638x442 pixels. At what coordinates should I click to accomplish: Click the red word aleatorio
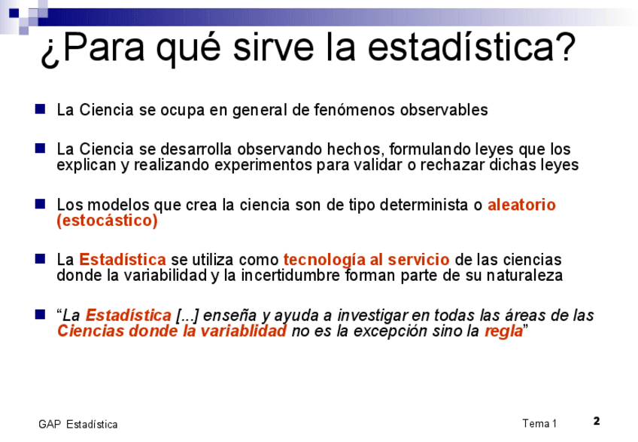[521, 205]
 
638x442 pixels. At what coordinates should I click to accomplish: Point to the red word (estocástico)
[107, 221]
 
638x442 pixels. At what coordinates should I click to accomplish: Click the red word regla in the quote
[503, 331]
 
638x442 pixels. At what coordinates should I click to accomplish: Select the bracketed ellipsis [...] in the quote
[187, 315]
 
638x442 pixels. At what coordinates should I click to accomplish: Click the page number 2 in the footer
[597, 421]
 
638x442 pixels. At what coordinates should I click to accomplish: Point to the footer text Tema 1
[539, 424]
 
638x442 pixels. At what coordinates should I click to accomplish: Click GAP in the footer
[50, 425]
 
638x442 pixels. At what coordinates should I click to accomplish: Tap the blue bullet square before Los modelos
[41, 204]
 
